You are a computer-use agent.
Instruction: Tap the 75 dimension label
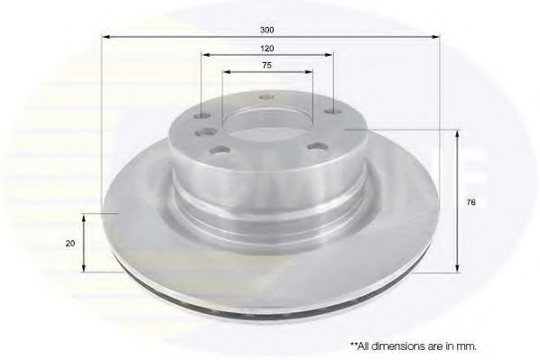pyautogui.click(x=266, y=65)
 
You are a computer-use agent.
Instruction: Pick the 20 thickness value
pyautogui.click(x=70, y=244)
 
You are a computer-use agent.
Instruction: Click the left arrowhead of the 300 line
pyautogui.click(x=103, y=37)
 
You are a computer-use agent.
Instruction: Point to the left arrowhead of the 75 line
pyautogui.click(x=223, y=73)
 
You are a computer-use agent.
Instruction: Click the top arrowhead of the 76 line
pyautogui.click(x=458, y=133)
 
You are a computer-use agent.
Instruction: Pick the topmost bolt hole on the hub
pyautogui.click(x=266, y=97)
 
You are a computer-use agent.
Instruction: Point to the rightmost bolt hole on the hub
pyautogui.click(x=332, y=113)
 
